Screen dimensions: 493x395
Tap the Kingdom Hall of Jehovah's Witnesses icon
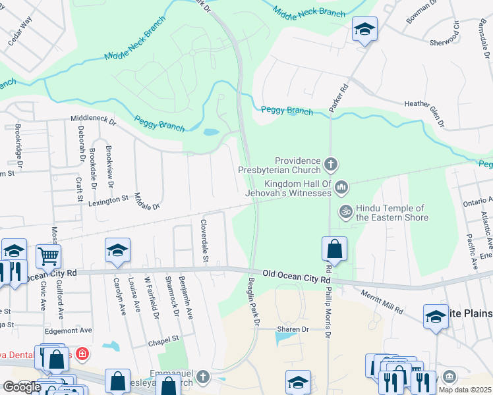pos(341,188)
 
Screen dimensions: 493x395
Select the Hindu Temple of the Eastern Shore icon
pos(345,211)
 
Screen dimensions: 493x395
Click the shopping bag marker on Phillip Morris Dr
pos(334,250)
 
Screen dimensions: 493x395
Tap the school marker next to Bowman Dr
pos(364,29)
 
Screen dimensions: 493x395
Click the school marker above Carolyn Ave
pos(117,250)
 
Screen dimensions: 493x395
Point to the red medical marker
pos(82,355)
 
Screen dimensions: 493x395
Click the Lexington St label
pos(108,199)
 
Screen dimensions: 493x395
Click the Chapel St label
pos(163,340)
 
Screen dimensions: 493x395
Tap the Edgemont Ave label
pos(69,330)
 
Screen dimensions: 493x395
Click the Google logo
pos(22,386)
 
